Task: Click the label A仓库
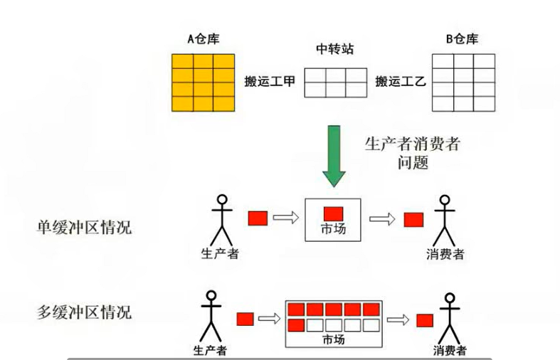pos(203,38)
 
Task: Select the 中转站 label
pos(335,51)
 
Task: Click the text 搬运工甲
pos(270,82)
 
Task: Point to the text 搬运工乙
pos(400,82)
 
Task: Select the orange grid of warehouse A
pos(203,82)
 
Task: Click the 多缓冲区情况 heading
pos(84,312)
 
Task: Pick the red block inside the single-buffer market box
pos(334,213)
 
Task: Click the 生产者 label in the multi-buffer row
pos(210,350)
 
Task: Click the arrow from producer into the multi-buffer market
pos(268,318)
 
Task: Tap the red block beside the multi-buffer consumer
pos(426,319)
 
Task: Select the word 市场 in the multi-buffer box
pos(332,339)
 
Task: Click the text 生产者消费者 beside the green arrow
pos(413,143)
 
